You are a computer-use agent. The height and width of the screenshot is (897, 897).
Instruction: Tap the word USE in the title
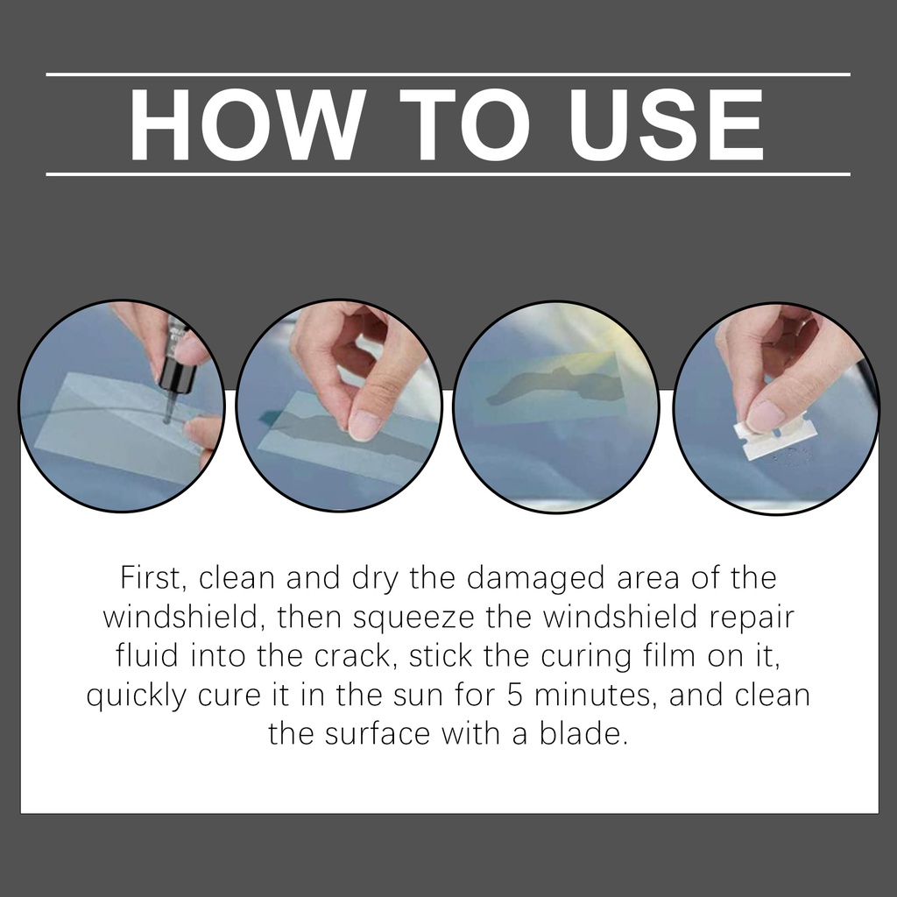(x=667, y=124)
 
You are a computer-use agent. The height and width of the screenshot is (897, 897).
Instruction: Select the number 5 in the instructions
(x=515, y=695)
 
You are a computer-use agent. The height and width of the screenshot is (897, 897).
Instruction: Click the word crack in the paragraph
(x=356, y=655)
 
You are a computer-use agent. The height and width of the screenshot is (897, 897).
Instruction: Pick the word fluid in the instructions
(x=147, y=655)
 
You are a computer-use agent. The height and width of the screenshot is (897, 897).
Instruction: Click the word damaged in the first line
(x=535, y=579)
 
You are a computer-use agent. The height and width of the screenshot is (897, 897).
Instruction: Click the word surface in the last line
(x=378, y=734)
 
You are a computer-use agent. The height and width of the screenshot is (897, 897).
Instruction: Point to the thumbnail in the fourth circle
(x=766, y=415)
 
